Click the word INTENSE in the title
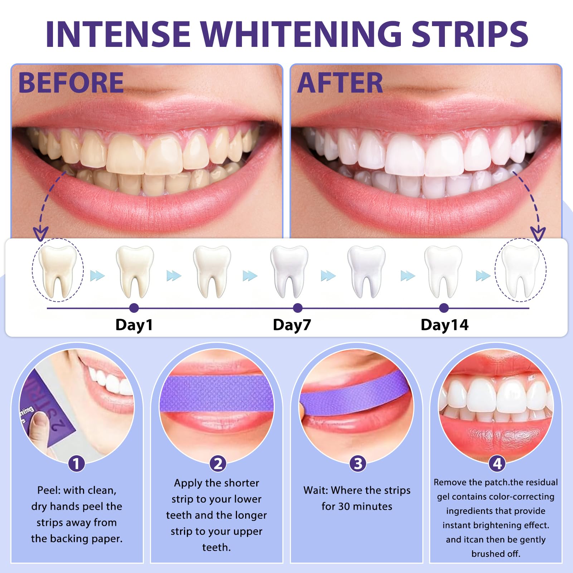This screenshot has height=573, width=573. pyautogui.click(x=118, y=34)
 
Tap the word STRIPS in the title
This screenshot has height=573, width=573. pyautogui.click(x=470, y=34)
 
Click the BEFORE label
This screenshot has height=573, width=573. pyautogui.click(x=71, y=83)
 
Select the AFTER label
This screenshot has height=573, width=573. pyautogui.click(x=340, y=83)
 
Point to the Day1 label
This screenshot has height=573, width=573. pyautogui.click(x=134, y=325)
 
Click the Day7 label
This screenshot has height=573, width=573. pyautogui.click(x=292, y=325)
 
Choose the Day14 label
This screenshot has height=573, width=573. pyautogui.click(x=444, y=325)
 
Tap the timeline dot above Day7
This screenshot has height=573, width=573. pyautogui.click(x=297, y=308)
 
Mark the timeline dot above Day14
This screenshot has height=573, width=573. pyautogui.click(x=444, y=308)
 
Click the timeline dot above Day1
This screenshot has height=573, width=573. pyautogui.click(x=134, y=308)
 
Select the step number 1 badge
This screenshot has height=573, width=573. pyautogui.click(x=76, y=464)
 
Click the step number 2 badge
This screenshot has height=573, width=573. pyautogui.click(x=218, y=464)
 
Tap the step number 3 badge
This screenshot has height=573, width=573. pyautogui.click(x=358, y=464)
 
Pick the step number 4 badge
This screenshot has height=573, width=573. pyautogui.click(x=497, y=464)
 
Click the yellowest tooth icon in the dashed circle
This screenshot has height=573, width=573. pyautogui.click(x=58, y=270)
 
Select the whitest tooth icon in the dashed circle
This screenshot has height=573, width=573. pyautogui.click(x=520, y=270)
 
